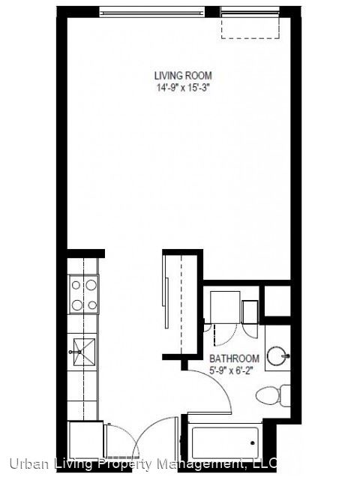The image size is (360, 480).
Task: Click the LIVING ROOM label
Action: tap(183, 76)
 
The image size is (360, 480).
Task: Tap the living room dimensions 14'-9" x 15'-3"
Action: tap(183, 88)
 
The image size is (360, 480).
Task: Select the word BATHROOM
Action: tap(234, 358)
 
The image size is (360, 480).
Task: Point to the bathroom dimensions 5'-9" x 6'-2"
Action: tap(232, 370)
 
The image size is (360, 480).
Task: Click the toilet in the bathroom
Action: tap(273, 395)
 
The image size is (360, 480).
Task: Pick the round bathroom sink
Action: tap(277, 355)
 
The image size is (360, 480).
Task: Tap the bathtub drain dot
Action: tap(253, 442)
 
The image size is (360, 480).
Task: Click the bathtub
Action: tap(225, 442)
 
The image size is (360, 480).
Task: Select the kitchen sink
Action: tap(82, 352)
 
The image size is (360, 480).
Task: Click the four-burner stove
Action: tap(83, 295)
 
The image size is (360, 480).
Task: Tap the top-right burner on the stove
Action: tap(91, 285)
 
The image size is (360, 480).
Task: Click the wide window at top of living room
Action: tap(152, 13)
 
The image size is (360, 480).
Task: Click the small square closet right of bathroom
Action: tap(277, 301)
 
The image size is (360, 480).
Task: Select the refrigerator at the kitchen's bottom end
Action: tap(85, 440)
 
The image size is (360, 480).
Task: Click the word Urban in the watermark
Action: tap(28, 463)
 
